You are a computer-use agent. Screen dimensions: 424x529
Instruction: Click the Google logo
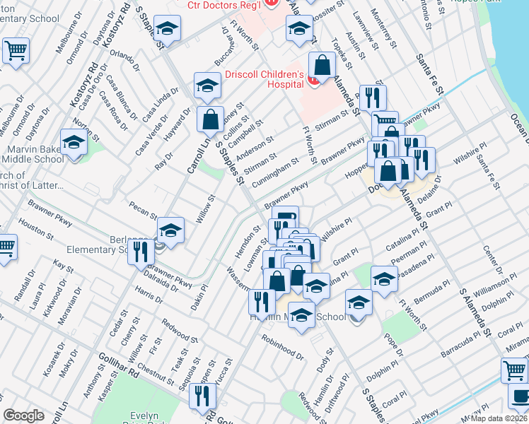point(23,416)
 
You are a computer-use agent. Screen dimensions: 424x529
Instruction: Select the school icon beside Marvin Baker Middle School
point(74,143)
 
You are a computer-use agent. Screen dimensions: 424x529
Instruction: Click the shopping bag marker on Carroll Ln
point(211,119)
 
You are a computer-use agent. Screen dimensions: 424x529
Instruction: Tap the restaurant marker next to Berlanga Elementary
point(141,252)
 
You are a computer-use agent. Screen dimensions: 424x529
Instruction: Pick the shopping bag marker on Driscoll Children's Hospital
point(322,65)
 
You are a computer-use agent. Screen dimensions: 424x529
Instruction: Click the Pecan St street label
point(143,210)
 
